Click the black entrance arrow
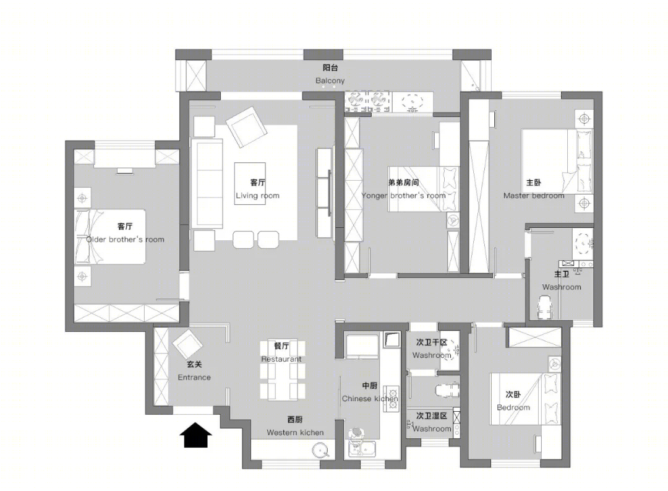195,435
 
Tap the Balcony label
330,80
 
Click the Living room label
257,196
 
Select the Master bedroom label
534,196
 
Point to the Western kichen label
295,432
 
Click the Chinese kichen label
370,398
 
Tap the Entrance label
194,377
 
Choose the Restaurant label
281,358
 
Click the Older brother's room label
125,240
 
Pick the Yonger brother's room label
403,196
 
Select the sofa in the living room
207,183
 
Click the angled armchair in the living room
246,127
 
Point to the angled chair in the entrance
187,344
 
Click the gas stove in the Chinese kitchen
391,398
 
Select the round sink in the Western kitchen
320,450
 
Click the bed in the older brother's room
110,237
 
